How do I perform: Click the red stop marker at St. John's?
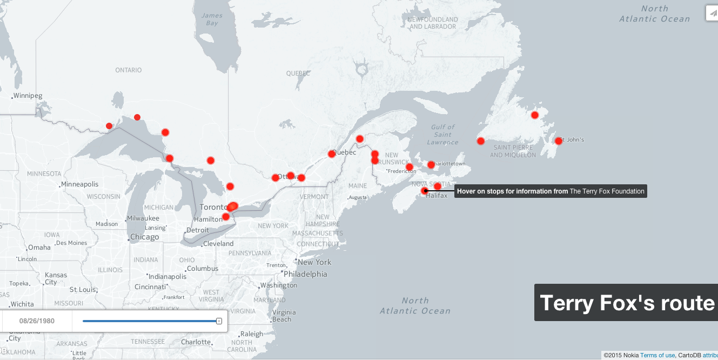pyautogui.click(x=558, y=141)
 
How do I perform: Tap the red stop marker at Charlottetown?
pyautogui.click(x=431, y=165)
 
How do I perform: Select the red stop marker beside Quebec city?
pyautogui.click(x=332, y=154)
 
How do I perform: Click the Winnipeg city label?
pyautogui.click(x=28, y=96)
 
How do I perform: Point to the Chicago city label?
pyautogui.click(x=144, y=237)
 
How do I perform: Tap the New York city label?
pyautogui.click(x=314, y=262)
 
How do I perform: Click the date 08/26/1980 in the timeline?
pyautogui.click(x=37, y=321)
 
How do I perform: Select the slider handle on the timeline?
pyautogui.click(x=219, y=321)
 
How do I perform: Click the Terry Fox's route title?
pyautogui.click(x=627, y=303)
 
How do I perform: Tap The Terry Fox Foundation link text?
pyautogui.click(x=607, y=191)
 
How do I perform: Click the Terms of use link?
pyautogui.click(x=657, y=355)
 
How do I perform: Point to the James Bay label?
pyautogui.click(x=212, y=19)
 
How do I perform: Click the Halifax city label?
pyautogui.click(x=437, y=196)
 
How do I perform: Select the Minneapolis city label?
pyautogui.click(x=80, y=184)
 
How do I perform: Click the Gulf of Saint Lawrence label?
pyautogui.click(x=442, y=135)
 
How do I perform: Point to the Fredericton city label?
pyautogui.click(x=402, y=171)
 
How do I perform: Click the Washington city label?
pyautogui.click(x=279, y=285)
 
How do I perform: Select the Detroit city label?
pyautogui.click(x=197, y=230)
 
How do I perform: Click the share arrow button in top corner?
pyautogui.click(x=712, y=13)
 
